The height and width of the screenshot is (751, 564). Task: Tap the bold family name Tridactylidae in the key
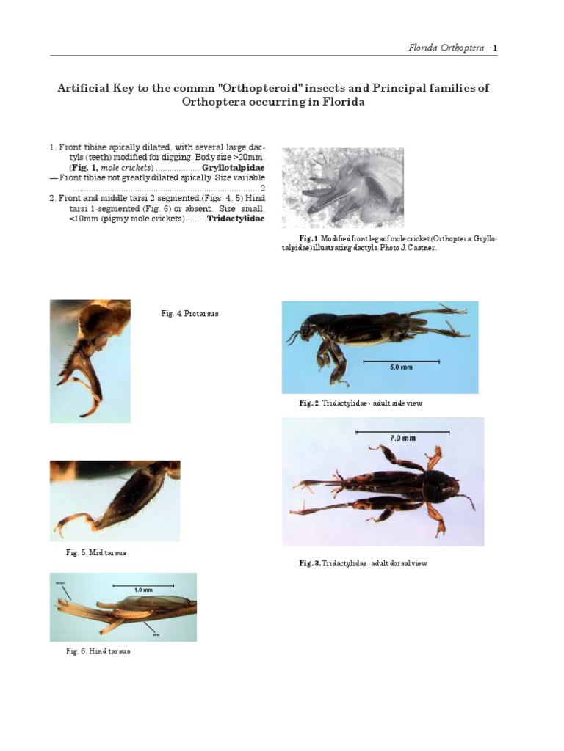pyautogui.click(x=236, y=219)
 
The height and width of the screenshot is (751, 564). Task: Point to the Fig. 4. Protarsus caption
pyautogui.click(x=189, y=314)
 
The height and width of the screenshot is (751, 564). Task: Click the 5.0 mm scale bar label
pyautogui.click(x=401, y=367)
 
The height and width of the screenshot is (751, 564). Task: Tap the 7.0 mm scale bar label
pyautogui.click(x=402, y=438)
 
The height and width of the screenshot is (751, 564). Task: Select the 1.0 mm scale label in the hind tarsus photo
pyautogui.click(x=143, y=590)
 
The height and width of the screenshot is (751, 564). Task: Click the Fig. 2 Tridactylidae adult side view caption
pyautogui.click(x=360, y=403)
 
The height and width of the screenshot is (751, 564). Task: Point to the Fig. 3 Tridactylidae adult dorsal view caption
pyautogui.click(x=363, y=563)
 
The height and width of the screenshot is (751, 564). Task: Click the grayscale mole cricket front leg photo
pyautogui.click(x=343, y=187)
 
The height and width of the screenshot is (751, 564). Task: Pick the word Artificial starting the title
pyautogui.click(x=83, y=88)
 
